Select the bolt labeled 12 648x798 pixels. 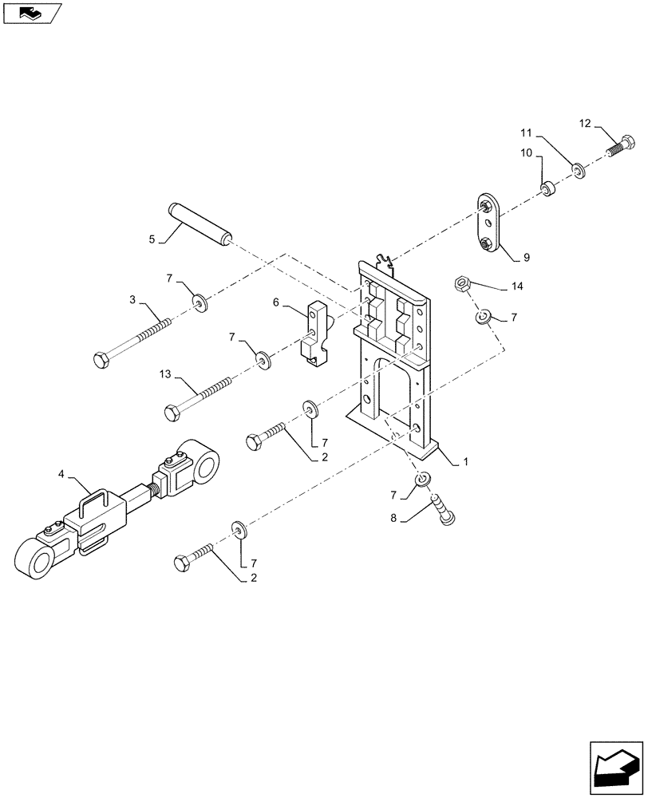[621, 148]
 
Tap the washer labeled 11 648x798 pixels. [578, 169]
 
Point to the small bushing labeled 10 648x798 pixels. [548, 190]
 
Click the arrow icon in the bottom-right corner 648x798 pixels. [614, 765]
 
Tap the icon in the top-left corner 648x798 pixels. [31, 13]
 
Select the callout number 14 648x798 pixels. [518, 286]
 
